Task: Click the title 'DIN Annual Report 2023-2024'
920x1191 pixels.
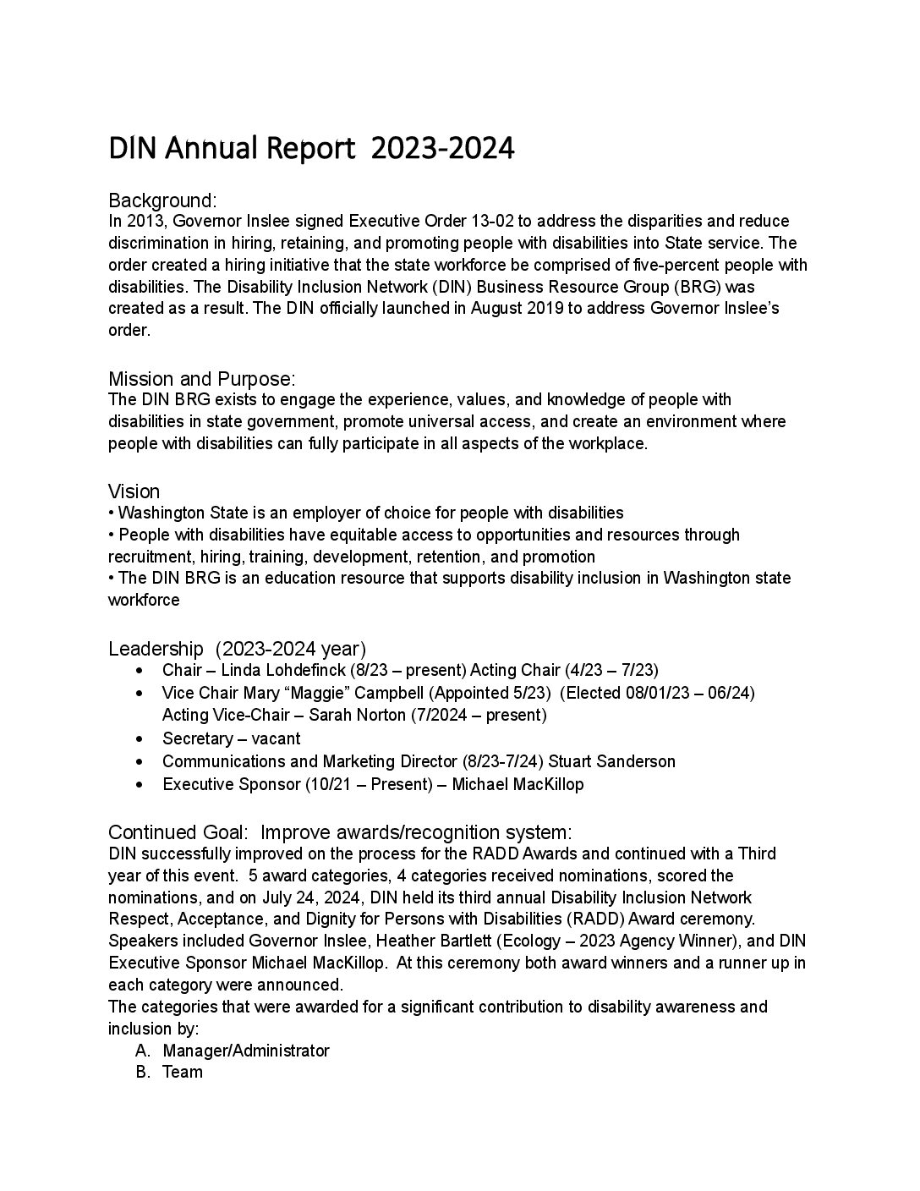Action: point(311,148)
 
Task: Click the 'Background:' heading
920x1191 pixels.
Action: point(163,200)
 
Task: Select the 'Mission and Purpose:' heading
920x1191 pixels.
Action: point(201,379)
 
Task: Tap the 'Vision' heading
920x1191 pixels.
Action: point(134,491)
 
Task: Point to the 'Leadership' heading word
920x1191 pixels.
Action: point(156,649)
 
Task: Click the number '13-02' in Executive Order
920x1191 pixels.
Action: point(490,222)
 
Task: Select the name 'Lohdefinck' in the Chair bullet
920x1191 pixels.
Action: point(304,671)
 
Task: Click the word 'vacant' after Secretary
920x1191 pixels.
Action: point(276,738)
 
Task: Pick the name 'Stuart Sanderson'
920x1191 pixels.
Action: point(612,761)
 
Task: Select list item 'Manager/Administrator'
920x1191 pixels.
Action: point(246,1051)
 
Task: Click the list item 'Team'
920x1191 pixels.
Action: point(183,1073)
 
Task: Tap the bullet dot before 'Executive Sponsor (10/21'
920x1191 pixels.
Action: point(139,784)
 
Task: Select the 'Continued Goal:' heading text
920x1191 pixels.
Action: point(178,832)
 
